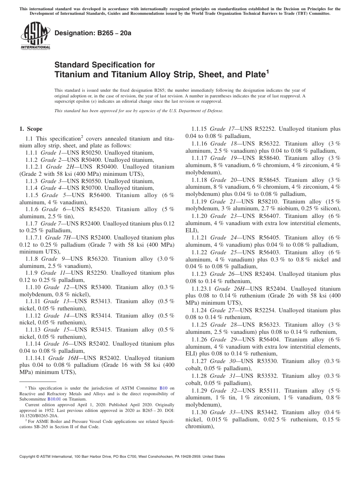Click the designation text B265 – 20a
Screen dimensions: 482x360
tap(93, 33)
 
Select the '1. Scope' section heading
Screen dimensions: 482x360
tap(31, 129)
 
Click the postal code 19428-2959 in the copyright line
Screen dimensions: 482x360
tap(188, 457)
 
